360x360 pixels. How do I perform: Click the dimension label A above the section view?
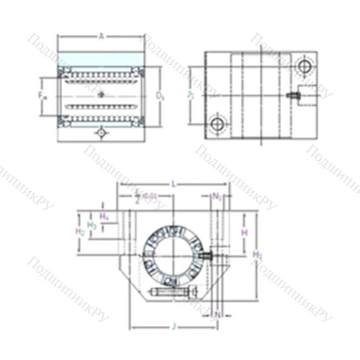coord(101,34)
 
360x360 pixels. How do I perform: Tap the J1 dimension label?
coord(190,94)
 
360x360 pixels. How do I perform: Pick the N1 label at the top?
coord(217,195)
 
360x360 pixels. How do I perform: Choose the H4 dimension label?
coord(104,215)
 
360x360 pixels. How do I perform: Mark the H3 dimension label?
coord(91,225)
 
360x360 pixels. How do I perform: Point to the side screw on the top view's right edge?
coord(295,95)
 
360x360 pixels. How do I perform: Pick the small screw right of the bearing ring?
coord(207,255)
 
